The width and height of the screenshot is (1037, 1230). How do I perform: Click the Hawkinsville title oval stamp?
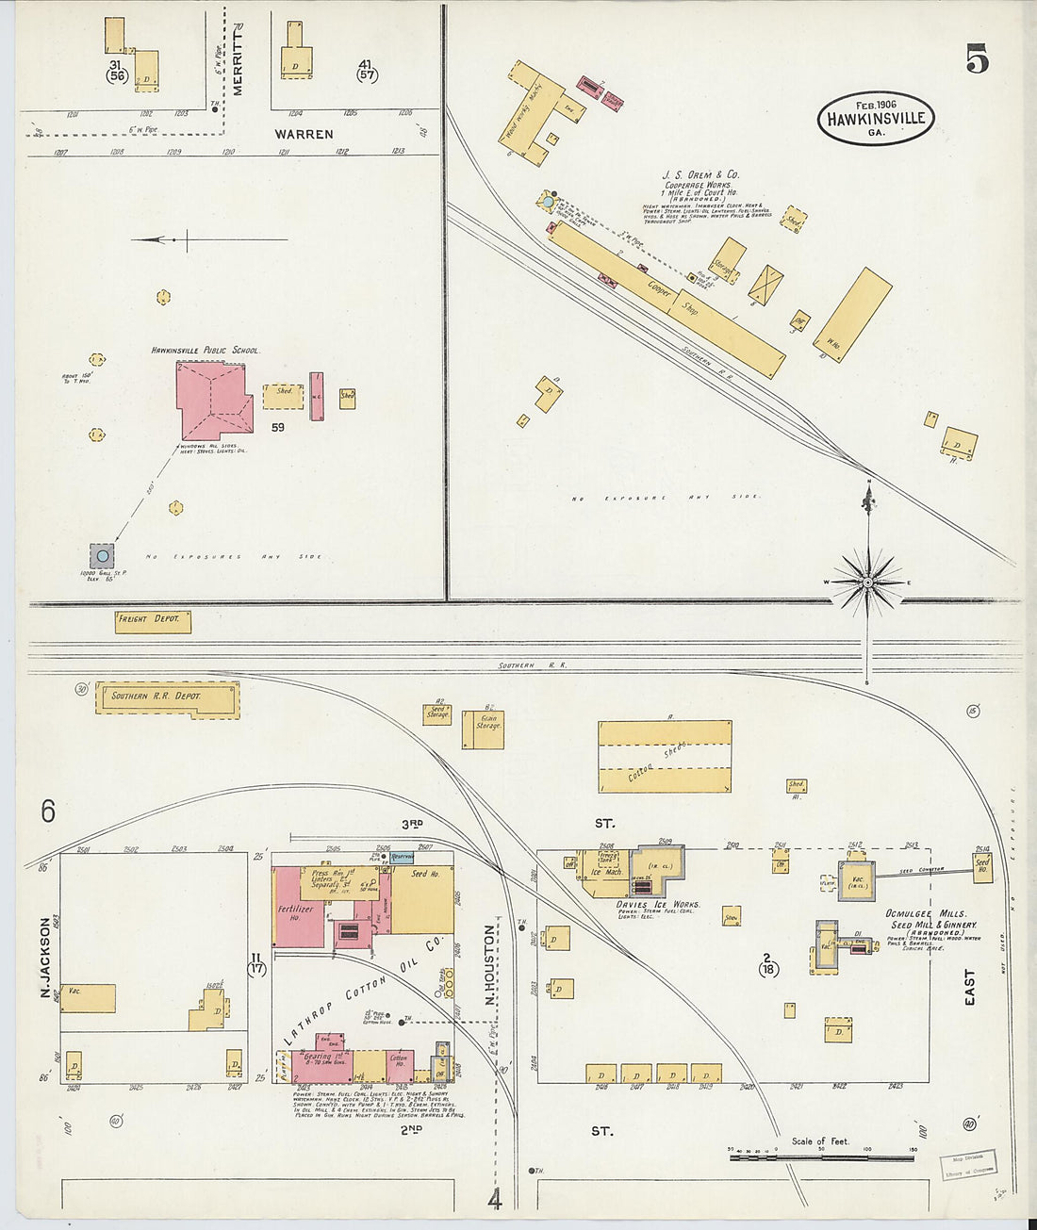tap(876, 119)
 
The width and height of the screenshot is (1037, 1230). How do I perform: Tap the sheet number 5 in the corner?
tap(977, 60)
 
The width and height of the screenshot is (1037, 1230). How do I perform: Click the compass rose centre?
tap(867, 582)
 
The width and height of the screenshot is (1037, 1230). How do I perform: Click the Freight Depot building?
tap(154, 621)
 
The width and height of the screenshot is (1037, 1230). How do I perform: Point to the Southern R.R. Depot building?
tap(168, 699)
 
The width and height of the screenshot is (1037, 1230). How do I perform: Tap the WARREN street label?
tap(304, 134)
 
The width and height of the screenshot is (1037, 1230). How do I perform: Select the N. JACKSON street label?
tap(45, 958)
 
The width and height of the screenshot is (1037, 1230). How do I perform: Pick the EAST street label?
tap(969, 988)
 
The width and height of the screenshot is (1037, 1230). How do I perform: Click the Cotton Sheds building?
tap(665, 757)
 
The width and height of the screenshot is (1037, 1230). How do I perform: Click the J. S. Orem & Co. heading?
tap(700, 174)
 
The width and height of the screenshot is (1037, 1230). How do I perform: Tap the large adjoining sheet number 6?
tap(48, 811)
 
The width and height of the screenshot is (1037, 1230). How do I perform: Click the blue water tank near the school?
tap(102, 556)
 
